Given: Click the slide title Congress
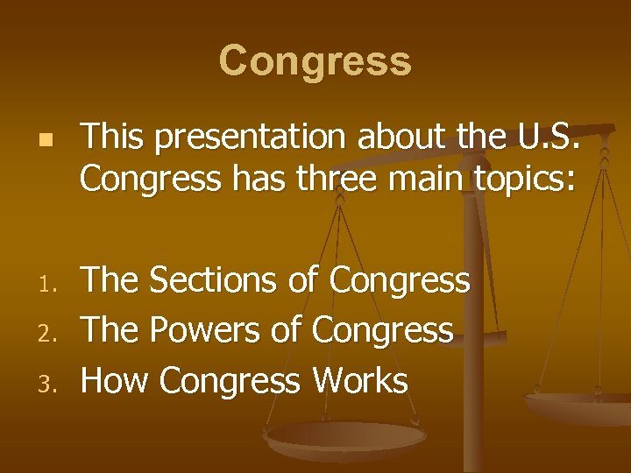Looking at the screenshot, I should (x=315, y=61).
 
